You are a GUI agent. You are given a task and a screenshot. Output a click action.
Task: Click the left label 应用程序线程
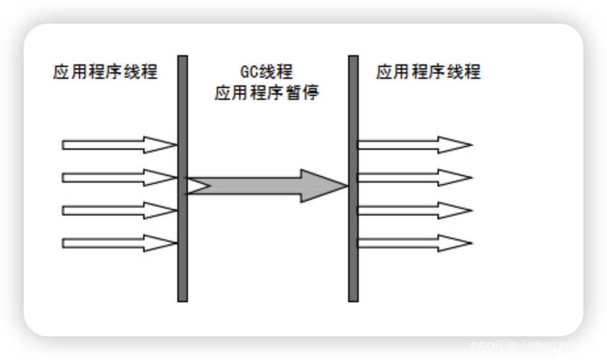tap(105, 72)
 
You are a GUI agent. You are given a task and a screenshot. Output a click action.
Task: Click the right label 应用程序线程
tap(428, 72)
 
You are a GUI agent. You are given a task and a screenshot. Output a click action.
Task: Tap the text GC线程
tap(267, 72)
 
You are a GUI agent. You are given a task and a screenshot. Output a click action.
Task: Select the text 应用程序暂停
tap(267, 93)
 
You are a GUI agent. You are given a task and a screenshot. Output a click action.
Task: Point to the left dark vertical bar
tap(183, 177)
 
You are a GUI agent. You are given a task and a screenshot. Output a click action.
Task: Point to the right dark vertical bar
tap(353, 177)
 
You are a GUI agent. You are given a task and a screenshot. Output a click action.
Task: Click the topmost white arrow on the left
tap(118, 145)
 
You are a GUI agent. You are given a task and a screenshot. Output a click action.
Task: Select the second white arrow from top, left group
tap(118, 177)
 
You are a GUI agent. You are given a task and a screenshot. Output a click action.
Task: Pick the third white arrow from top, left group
tap(118, 210)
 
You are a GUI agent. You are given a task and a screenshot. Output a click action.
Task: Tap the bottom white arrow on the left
tap(118, 243)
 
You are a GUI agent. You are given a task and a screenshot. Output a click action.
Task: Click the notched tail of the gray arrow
tap(197, 186)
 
